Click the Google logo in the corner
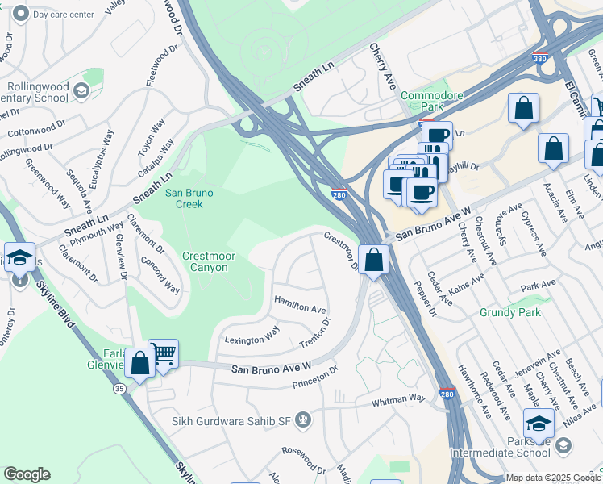coord(27,474)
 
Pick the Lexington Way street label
coord(252,340)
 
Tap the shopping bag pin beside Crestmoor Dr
coord(373,260)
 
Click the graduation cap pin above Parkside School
coord(539,422)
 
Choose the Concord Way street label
coord(160,275)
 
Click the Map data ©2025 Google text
coord(553,478)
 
